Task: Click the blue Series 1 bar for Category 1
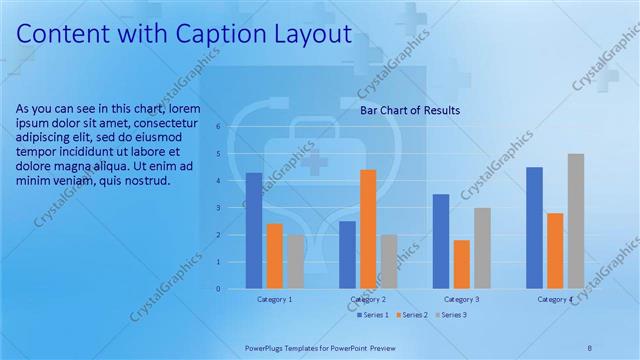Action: click(x=254, y=231)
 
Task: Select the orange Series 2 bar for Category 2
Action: click(x=368, y=229)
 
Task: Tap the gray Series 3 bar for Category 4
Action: click(x=575, y=221)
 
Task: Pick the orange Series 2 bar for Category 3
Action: click(x=461, y=264)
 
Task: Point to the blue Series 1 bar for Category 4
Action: click(x=534, y=228)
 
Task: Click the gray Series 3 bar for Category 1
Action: click(x=295, y=262)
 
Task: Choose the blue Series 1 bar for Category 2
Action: click(x=347, y=255)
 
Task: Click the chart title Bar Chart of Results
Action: click(x=410, y=111)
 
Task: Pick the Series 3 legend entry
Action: click(x=451, y=315)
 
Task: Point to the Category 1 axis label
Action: click(x=275, y=299)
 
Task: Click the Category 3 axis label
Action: click(x=461, y=299)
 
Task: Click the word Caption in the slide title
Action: click(x=218, y=34)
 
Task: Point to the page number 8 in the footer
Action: click(x=589, y=346)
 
